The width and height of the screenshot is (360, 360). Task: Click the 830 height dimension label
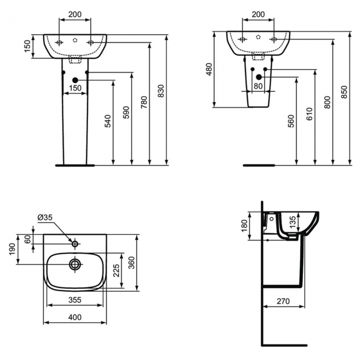[x=161, y=91]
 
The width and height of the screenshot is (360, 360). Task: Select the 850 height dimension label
[x=344, y=92]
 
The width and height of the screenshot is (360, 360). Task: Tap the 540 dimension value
[x=107, y=121]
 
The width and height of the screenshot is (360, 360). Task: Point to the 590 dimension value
[x=126, y=112]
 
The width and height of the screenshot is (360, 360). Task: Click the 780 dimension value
[x=144, y=102]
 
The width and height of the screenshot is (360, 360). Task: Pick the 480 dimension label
[x=209, y=69]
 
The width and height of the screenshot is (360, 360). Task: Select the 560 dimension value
[x=291, y=121]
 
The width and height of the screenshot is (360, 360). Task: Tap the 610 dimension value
[x=309, y=114]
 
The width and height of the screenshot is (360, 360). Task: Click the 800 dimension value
[x=327, y=102]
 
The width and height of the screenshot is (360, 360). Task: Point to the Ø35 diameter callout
[x=45, y=217]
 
